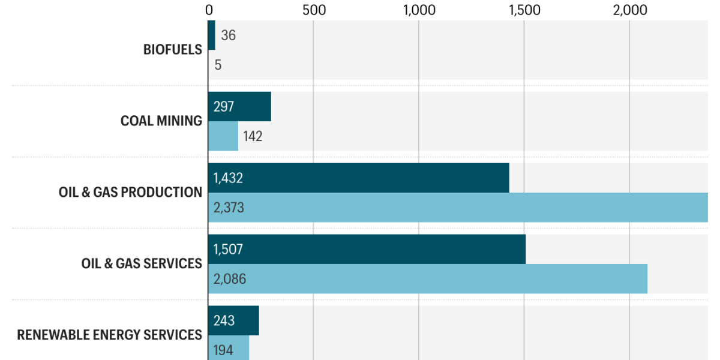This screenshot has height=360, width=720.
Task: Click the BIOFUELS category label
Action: [173, 50]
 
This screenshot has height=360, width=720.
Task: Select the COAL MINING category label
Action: [161, 121]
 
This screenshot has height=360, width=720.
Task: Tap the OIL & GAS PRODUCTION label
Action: [130, 193]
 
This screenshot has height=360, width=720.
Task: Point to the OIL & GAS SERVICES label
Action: [142, 264]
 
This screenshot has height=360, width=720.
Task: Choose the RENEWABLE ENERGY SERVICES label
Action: [109, 335]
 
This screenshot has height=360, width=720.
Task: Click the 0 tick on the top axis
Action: [209, 10]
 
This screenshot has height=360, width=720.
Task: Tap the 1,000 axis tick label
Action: [419, 10]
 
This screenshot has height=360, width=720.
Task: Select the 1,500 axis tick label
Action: [524, 10]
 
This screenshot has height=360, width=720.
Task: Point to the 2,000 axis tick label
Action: [629, 10]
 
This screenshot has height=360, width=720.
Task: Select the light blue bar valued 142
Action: [223, 136]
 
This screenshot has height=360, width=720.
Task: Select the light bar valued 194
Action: [229, 349]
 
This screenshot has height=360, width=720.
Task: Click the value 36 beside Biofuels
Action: [228, 35]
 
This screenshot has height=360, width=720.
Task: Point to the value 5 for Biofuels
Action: [218, 65]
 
